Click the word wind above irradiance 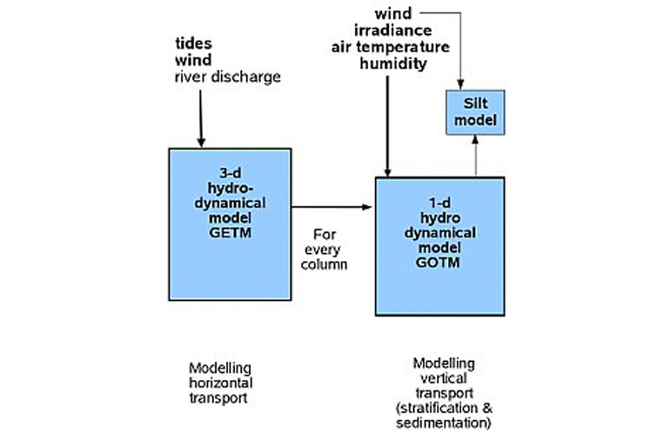pyautogui.click(x=392, y=14)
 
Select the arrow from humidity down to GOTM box pyautogui.click(x=388, y=122)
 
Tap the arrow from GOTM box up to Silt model pyautogui.click(x=475, y=156)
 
